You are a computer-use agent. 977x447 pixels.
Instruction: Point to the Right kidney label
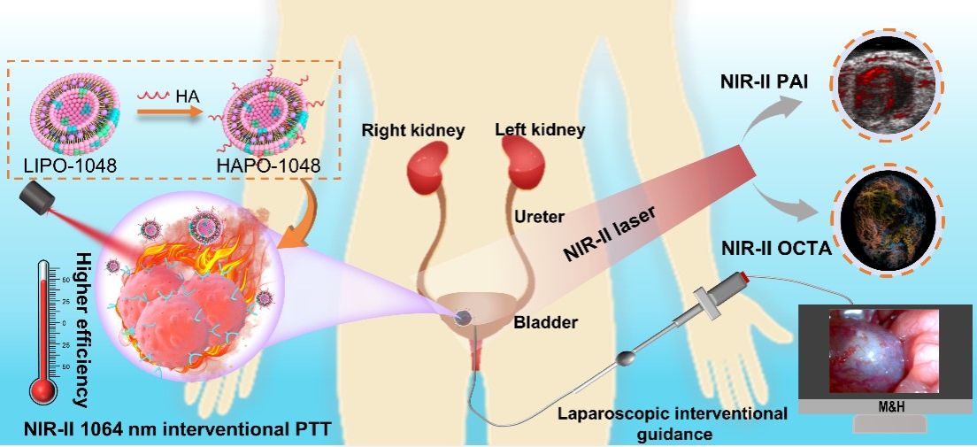click(x=413, y=131)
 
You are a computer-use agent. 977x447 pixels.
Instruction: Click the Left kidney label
click(x=541, y=130)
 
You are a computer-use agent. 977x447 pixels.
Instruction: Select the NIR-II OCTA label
click(x=775, y=248)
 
